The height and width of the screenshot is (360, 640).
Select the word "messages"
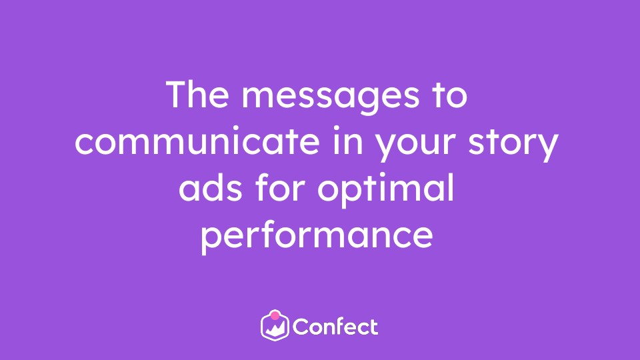(x=331, y=99)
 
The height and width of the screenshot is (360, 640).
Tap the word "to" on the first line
(x=450, y=95)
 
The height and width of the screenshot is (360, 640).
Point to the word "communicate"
(x=197, y=141)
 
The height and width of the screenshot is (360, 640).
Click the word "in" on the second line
(x=348, y=141)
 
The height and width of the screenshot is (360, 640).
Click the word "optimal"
(x=386, y=190)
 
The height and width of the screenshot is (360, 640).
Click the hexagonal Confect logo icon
(x=275, y=325)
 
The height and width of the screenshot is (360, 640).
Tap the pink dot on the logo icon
(x=275, y=315)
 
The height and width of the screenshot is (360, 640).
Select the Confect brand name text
(x=335, y=327)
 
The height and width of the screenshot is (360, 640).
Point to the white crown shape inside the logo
(x=275, y=328)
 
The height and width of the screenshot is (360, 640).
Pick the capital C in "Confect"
(x=301, y=327)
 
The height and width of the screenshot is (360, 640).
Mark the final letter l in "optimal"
(x=451, y=187)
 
